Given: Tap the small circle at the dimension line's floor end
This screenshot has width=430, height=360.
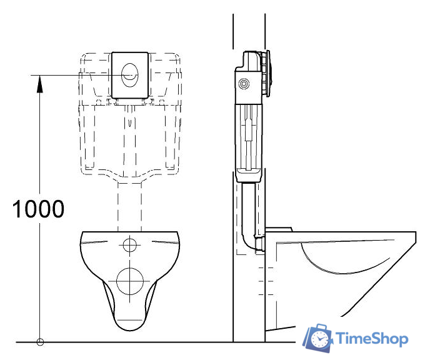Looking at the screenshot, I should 40,342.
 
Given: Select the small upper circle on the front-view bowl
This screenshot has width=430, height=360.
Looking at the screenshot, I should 130,244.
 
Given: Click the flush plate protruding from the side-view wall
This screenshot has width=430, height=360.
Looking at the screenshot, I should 267,74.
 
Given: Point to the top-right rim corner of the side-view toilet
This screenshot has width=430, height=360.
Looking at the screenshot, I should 414,234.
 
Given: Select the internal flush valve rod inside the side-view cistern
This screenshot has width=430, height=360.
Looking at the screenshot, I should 249,131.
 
